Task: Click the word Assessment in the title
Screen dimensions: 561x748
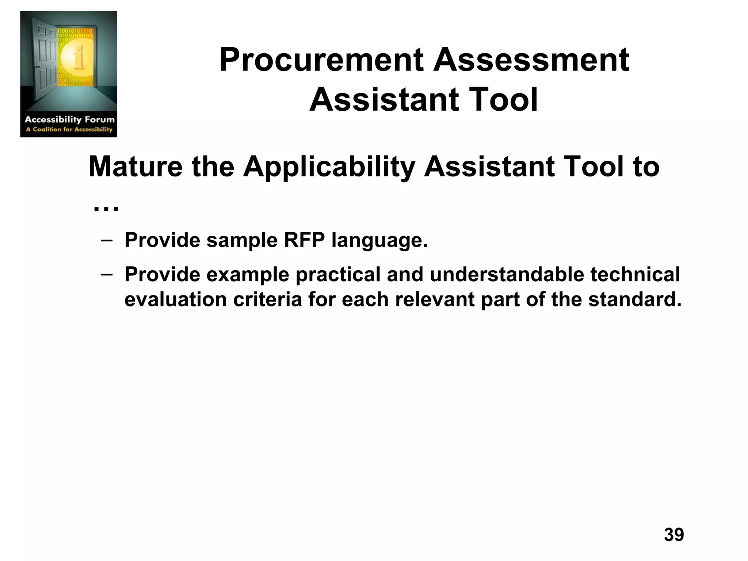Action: coord(531,60)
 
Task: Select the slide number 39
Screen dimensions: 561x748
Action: coord(674,535)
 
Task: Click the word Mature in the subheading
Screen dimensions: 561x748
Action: coord(136,167)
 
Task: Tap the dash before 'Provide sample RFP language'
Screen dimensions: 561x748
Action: coord(106,240)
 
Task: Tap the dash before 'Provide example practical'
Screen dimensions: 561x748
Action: coord(106,274)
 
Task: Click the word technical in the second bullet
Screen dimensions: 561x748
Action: coord(635,274)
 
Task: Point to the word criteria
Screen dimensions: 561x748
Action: coord(267,299)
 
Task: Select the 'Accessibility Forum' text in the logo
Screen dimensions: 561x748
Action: coord(69,119)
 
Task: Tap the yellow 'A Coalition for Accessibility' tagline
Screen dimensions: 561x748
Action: coord(69,129)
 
